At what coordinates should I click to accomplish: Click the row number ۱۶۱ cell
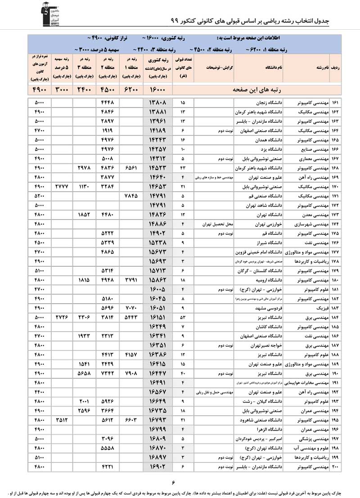point(336,103)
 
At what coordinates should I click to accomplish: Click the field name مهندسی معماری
point(313,159)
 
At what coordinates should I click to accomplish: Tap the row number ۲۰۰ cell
point(336,468)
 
